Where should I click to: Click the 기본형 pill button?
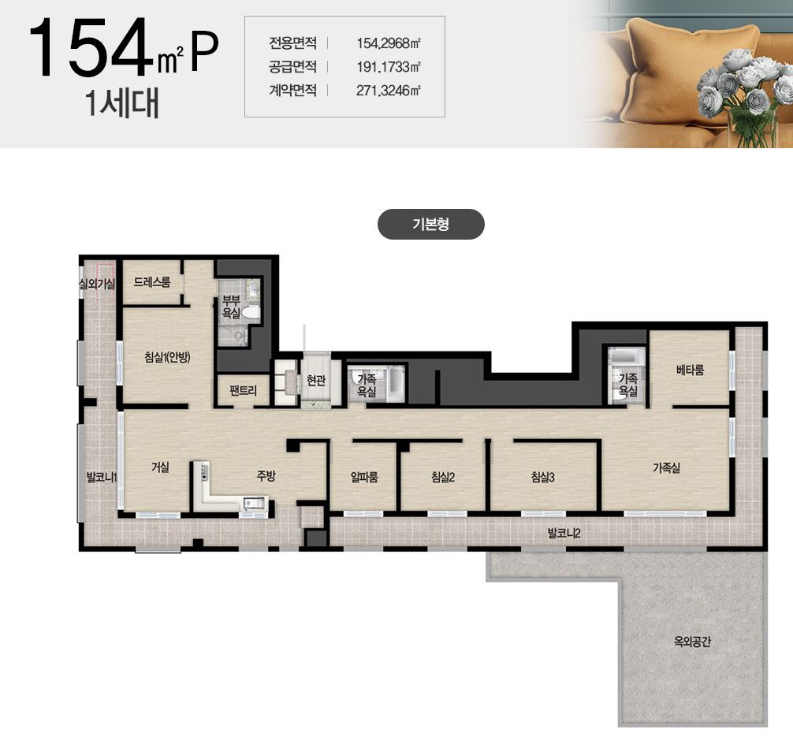431,224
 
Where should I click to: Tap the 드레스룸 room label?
151,282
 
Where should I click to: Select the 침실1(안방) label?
167,357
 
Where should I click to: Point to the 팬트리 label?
244,390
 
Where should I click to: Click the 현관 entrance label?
316,380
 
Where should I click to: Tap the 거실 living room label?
160,467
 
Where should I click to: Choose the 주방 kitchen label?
266,475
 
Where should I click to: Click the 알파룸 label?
365,477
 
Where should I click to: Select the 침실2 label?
443,477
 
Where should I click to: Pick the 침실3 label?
542,477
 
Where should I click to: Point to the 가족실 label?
666,468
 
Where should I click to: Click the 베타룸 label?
691,370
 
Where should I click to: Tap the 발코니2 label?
564,533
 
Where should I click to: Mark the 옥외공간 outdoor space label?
692,642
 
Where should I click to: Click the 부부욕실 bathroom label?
231,307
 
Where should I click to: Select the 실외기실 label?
97,284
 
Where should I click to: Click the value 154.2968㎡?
389,43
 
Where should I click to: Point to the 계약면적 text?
292,90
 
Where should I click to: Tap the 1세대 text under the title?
122,103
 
